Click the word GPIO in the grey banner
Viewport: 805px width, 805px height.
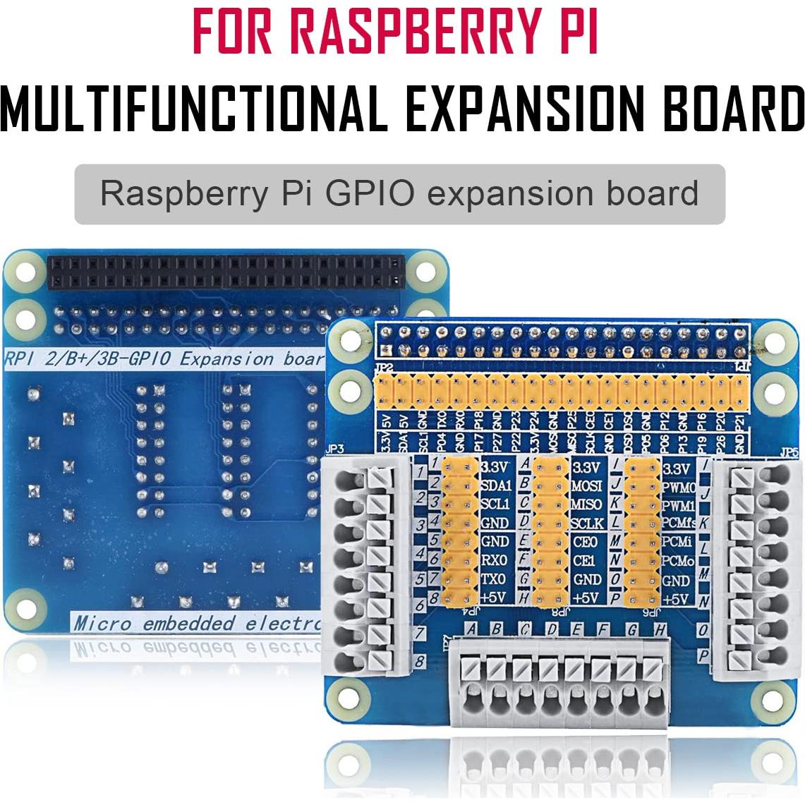365,193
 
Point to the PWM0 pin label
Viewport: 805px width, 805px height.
679,487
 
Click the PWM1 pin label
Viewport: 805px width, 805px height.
679,505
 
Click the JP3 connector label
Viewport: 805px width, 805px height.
336,448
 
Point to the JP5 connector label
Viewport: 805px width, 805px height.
789,449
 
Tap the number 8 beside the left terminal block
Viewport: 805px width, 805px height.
420,662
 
